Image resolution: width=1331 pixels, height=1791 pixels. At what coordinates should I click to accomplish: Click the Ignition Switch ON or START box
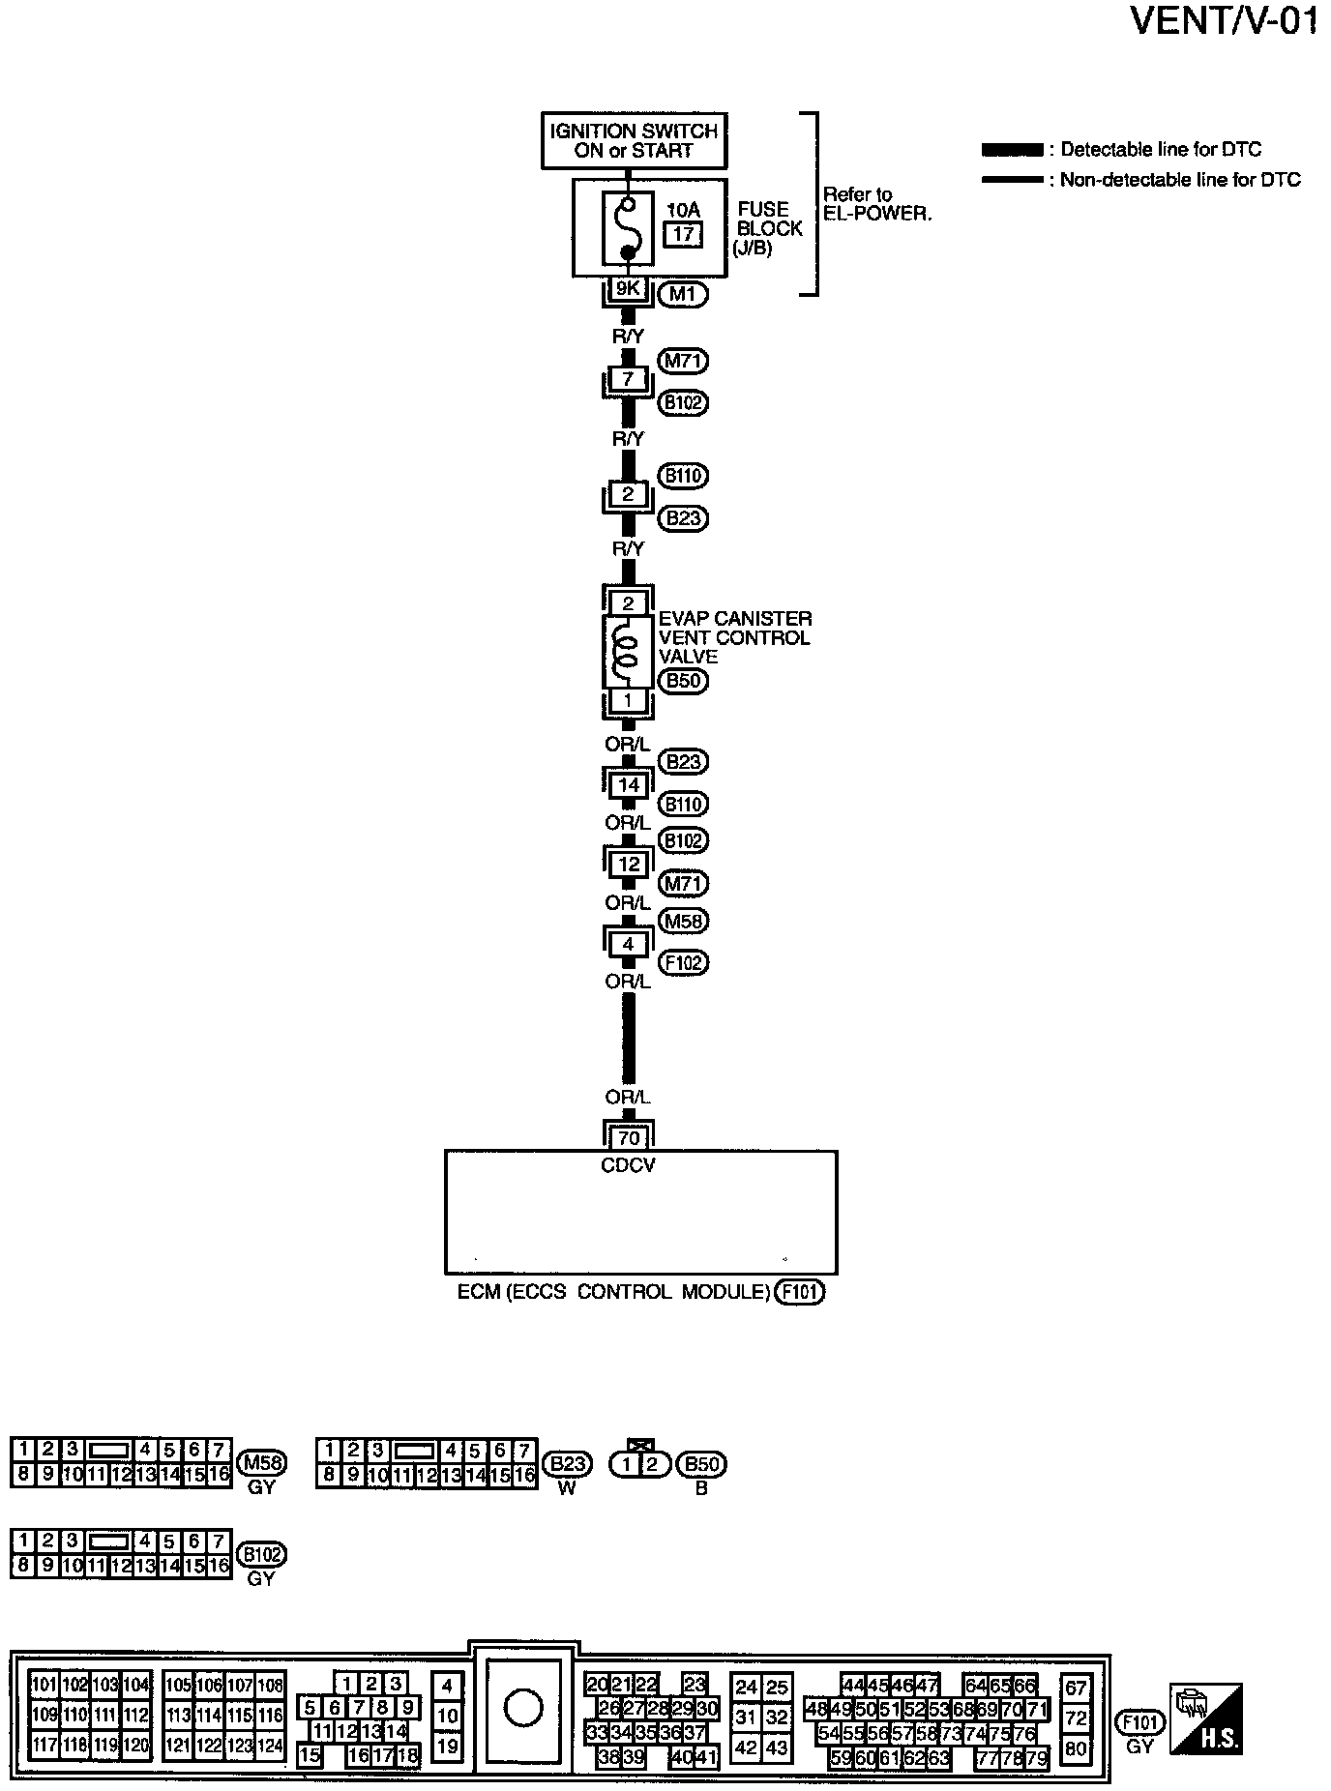tap(634, 141)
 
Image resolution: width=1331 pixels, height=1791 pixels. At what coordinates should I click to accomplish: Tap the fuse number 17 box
tap(683, 234)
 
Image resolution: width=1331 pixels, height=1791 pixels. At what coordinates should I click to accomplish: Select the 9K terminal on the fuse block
tap(628, 288)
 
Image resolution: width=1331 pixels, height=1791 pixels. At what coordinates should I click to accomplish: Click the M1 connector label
tap(682, 294)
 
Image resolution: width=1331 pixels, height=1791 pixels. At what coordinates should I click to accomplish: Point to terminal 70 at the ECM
tap(628, 1137)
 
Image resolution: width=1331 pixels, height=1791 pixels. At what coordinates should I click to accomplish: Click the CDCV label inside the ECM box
tap(628, 1165)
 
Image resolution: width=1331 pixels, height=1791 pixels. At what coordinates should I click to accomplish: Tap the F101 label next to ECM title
tap(800, 1292)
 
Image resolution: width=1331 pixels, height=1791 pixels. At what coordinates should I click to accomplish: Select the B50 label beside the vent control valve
tap(683, 681)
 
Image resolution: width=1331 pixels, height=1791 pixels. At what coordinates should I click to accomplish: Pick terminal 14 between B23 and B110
tap(628, 785)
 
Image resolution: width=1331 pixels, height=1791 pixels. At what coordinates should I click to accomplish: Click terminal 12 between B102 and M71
tap(628, 864)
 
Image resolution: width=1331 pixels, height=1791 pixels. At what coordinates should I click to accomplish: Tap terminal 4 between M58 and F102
tap(628, 944)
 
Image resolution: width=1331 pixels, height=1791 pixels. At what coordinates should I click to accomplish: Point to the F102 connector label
tap(683, 962)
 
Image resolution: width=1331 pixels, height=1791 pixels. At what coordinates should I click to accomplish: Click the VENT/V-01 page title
tap(1224, 21)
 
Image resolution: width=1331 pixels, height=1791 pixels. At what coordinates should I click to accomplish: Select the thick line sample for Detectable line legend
tap(1012, 150)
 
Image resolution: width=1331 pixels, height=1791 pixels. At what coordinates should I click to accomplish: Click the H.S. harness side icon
tap(1206, 1718)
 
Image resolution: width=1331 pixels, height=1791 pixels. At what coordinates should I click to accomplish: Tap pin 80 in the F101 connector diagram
tap(1076, 1748)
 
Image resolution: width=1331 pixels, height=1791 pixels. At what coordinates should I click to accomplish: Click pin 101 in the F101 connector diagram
tap(44, 1684)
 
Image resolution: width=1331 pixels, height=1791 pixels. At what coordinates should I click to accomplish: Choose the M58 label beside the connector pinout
tap(261, 1462)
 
